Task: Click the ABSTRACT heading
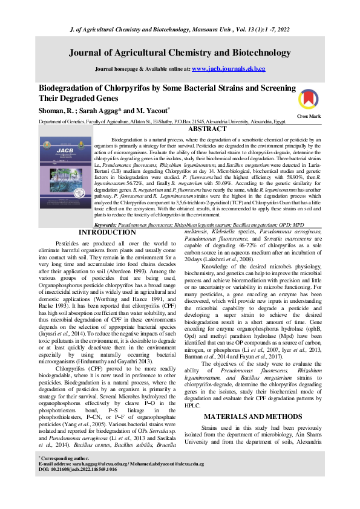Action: (x=208, y=129)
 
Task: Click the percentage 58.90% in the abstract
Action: (x=276, y=176)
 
